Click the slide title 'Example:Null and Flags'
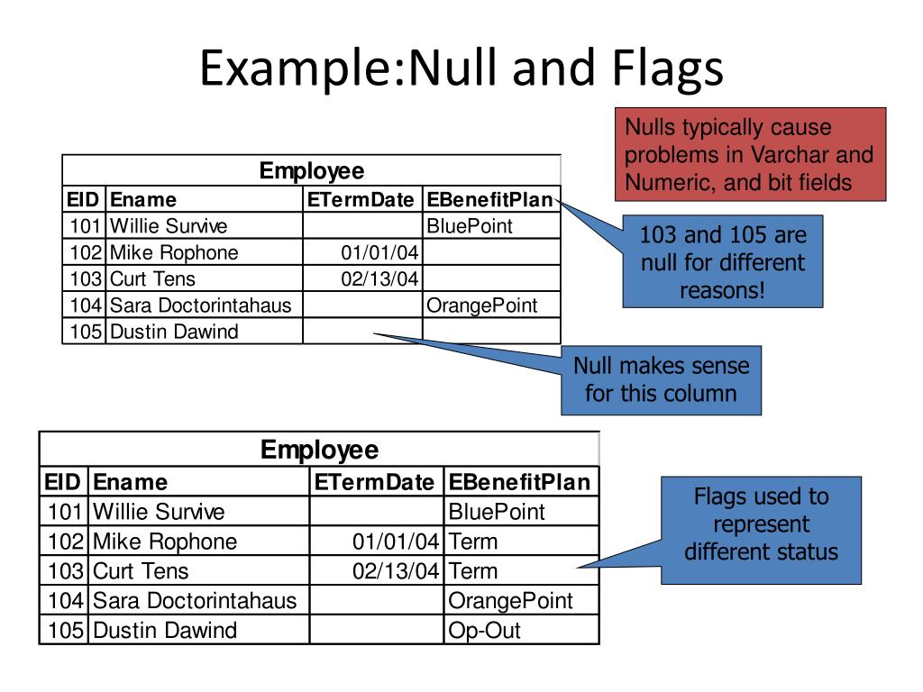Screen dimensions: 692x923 [x=461, y=69]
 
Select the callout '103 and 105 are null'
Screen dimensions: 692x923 [x=722, y=263]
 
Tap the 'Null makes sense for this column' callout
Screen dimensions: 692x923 [x=661, y=379]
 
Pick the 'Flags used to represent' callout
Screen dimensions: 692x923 [x=761, y=524]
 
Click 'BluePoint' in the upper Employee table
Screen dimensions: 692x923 [x=470, y=226]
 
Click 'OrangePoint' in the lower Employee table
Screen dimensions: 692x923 [x=510, y=600]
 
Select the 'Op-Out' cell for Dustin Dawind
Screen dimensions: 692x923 [x=484, y=630]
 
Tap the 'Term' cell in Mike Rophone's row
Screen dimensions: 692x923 [x=472, y=542]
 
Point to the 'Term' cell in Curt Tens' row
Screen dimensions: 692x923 [x=472, y=570]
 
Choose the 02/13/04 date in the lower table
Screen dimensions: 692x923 [x=396, y=570]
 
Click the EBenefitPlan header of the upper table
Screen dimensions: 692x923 [x=489, y=200]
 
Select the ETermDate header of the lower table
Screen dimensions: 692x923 [x=375, y=483]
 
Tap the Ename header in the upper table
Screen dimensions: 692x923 [x=143, y=200]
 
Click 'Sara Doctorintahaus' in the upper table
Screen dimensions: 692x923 [x=200, y=305]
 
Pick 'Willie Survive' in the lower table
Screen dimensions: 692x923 [x=159, y=512]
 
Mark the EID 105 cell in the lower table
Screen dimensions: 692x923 [x=65, y=630]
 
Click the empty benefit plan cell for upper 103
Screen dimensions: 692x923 [x=490, y=278]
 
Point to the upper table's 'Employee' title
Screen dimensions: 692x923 [x=311, y=171]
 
